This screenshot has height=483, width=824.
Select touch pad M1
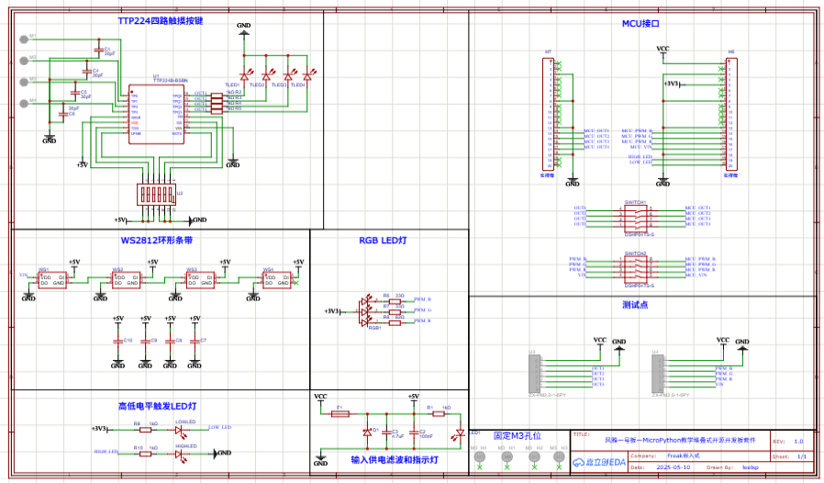pos(23,39)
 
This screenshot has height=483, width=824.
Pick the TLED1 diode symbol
pos(245,75)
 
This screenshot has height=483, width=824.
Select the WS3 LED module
pos(192,280)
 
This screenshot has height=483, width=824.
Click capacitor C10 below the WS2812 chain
pos(117,342)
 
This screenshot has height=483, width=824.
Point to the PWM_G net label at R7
pos(423,310)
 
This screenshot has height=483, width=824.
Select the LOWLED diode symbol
pos(181,428)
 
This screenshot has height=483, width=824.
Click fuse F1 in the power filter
pos(340,414)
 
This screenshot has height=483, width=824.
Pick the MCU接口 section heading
pos(640,23)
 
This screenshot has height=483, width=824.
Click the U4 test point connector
pos(656,372)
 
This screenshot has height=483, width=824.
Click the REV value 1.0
pos(797,441)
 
